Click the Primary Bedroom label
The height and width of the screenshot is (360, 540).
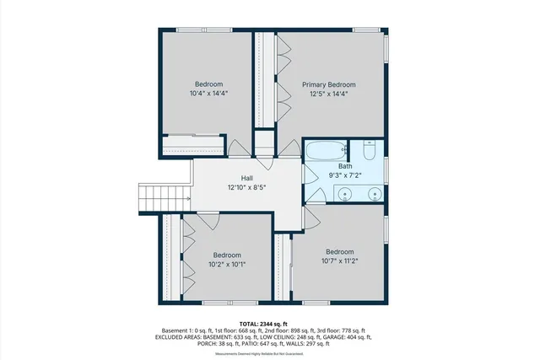click(x=329, y=84)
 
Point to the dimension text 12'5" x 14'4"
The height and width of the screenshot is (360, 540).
click(x=329, y=94)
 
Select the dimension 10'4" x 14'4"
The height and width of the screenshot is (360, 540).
click(x=209, y=94)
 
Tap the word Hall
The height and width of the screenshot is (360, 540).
click(x=246, y=178)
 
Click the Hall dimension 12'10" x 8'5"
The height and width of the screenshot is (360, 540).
click(x=246, y=188)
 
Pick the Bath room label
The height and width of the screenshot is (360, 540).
click(x=345, y=166)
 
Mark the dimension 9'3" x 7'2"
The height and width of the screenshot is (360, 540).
click(x=345, y=176)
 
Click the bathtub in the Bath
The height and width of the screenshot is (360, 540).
click(x=326, y=152)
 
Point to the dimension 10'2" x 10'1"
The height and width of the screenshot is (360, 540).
click(x=227, y=265)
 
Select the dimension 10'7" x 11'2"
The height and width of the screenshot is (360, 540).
click(x=340, y=261)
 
